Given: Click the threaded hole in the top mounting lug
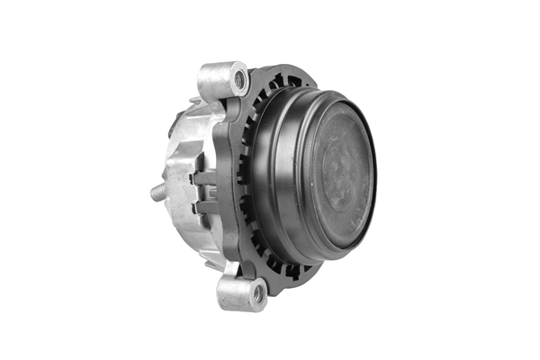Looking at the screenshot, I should (x=239, y=79).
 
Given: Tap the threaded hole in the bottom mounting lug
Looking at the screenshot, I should (x=257, y=292).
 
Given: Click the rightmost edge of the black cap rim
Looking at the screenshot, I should (x=376, y=171).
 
